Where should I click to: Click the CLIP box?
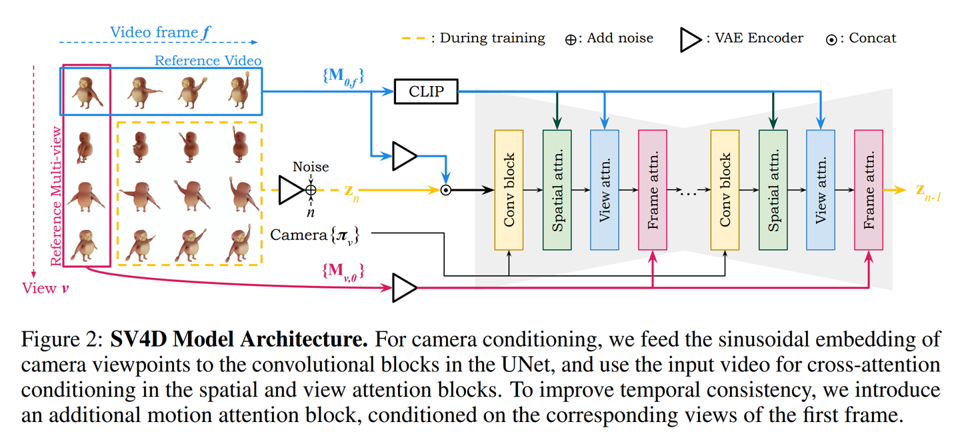(426, 91)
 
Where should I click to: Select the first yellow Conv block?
(509, 190)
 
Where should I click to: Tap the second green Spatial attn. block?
(773, 190)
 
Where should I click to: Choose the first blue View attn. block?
(605, 190)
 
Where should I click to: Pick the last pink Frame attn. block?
(869, 190)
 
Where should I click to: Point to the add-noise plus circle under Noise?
(311, 190)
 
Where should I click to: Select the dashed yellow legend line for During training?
(413, 39)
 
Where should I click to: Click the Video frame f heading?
(154, 32)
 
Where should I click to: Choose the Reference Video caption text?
(208, 61)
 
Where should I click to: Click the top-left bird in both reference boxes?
(86, 92)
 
